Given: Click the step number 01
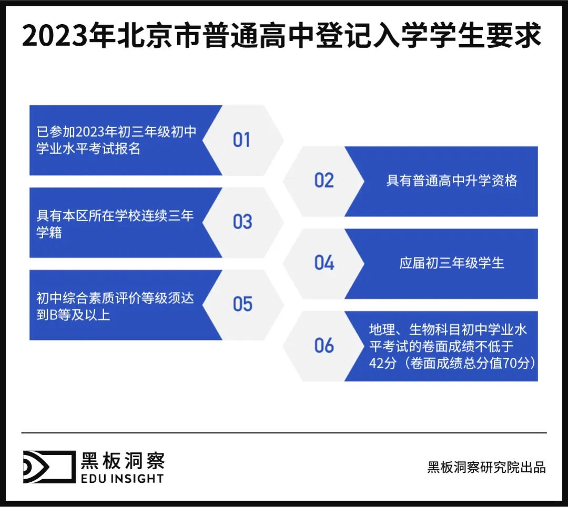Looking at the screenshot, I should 241,140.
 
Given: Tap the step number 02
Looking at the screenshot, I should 324,180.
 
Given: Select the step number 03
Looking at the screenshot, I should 242,222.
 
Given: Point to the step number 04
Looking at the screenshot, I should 324,263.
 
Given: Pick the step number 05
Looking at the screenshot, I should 242,304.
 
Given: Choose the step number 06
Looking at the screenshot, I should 324,345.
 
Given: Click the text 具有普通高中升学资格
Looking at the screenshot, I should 451,181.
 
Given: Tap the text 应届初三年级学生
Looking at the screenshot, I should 451,263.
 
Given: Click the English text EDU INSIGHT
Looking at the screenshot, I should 122,478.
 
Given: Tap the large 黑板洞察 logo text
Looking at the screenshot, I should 122,461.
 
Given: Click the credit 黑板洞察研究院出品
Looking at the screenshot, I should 486,467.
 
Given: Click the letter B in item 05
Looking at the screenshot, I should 53,316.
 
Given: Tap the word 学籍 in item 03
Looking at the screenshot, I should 49,233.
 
